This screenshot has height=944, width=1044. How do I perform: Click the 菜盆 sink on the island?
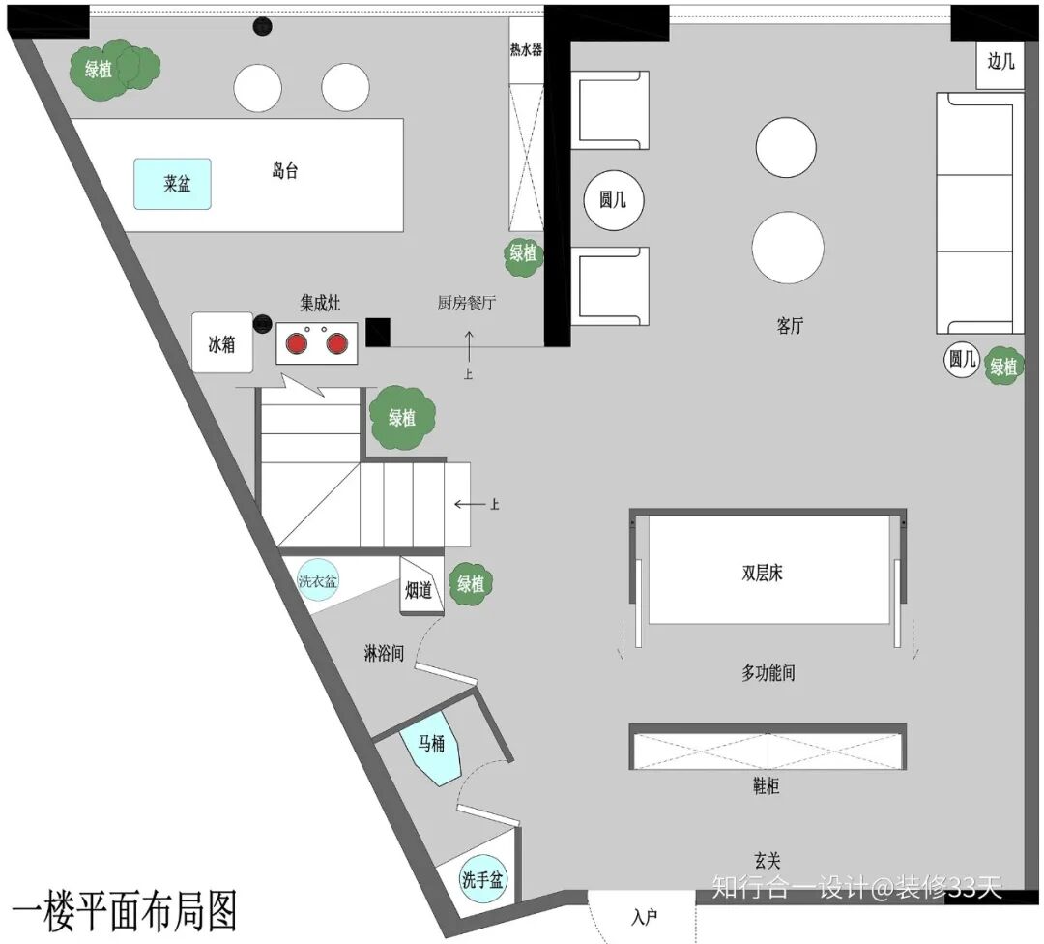pyautogui.click(x=172, y=184)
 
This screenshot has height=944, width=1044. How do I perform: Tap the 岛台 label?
pyautogui.click(x=284, y=172)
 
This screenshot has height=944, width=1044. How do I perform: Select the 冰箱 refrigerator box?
pyautogui.click(x=222, y=343)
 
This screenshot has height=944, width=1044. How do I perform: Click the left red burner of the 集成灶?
pyautogui.click(x=297, y=341)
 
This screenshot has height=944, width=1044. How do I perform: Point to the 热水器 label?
pyautogui.click(x=526, y=49)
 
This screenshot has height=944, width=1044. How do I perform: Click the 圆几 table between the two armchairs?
pyautogui.click(x=613, y=201)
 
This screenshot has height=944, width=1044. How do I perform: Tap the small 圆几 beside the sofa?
pyautogui.click(x=962, y=361)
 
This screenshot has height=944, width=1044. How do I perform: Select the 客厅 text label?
pyautogui.click(x=790, y=326)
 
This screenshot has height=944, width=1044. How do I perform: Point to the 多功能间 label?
pyautogui.click(x=768, y=673)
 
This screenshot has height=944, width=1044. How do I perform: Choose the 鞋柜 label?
pyautogui.click(x=766, y=786)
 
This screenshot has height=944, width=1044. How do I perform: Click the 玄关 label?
pyautogui.click(x=767, y=859)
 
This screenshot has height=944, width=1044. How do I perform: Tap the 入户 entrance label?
pyautogui.click(x=645, y=917)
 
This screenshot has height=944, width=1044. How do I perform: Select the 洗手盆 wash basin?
pyautogui.click(x=482, y=880)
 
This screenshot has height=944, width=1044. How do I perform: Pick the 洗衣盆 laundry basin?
pyautogui.click(x=318, y=582)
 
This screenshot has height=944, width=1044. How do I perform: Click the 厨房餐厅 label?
pyautogui.click(x=467, y=303)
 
